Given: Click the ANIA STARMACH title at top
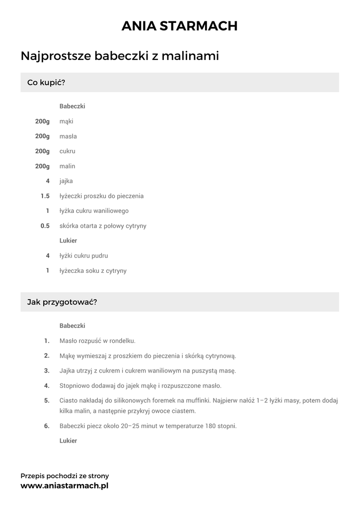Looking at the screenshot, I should (180, 26).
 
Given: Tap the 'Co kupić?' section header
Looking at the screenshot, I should (46, 82).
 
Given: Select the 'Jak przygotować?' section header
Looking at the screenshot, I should (62, 302).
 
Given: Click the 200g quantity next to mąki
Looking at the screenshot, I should (42, 121).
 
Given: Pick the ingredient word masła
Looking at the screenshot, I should (68, 136).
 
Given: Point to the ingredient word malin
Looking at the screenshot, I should (67, 166).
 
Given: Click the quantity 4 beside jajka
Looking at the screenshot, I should (48, 181).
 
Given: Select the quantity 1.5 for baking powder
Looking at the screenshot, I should (45, 196).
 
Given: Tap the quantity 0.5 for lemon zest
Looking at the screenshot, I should (45, 226).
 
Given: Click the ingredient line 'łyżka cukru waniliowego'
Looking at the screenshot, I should (94, 211).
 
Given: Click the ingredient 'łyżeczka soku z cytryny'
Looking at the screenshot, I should (93, 271).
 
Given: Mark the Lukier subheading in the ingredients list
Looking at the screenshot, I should (68, 241).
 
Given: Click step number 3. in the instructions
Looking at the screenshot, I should (47, 371).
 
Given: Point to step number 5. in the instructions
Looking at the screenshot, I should (47, 400).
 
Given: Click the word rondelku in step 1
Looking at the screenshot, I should (122, 341).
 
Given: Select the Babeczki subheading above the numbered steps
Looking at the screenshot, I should (72, 326).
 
